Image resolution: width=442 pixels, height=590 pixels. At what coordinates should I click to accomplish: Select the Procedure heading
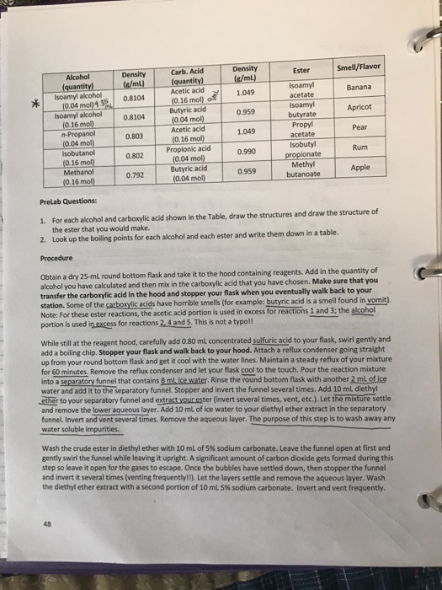(58, 259)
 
